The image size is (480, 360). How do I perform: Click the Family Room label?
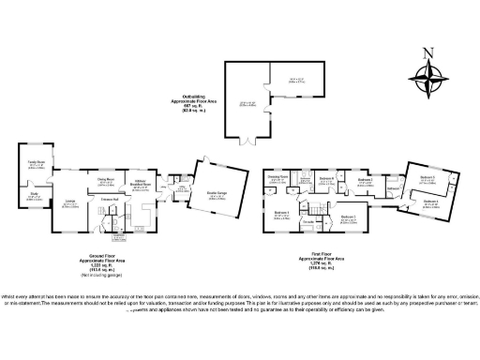tap(37, 162)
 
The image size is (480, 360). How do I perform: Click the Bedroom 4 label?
tap(430, 201)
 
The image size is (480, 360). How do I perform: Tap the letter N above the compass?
tap(428, 52)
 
